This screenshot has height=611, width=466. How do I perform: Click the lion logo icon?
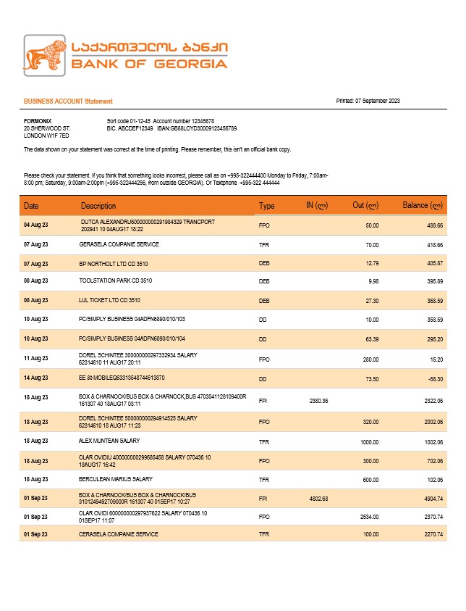tap(46, 56)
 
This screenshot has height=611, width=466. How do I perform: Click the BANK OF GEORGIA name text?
tap(149, 64)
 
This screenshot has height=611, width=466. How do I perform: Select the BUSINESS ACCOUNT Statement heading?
tap(68, 101)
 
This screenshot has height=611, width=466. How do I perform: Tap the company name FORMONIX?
tap(38, 121)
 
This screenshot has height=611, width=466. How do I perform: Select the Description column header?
tap(98, 206)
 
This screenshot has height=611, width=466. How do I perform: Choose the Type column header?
tap(267, 206)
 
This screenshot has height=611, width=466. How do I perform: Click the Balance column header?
tap(422, 206)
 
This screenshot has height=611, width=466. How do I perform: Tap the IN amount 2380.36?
tap(318, 401)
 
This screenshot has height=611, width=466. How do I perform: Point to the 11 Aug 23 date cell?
tap(36, 358)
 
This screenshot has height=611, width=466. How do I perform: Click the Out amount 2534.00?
tap(369, 517)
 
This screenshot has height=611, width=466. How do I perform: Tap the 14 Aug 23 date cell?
tap(36, 378)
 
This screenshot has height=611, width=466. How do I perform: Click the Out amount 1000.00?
tap(369, 441)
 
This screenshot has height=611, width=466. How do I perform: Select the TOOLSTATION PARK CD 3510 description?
tap(116, 280)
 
